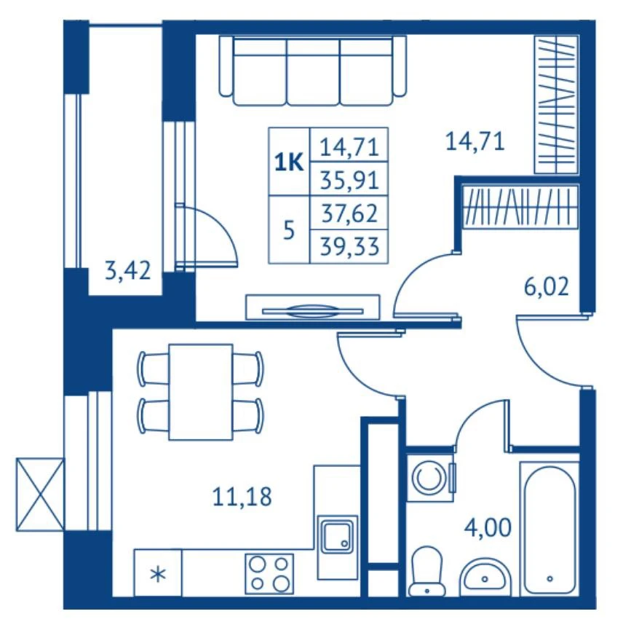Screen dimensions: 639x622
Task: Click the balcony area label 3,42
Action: [128, 271]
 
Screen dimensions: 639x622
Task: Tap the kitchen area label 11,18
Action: [242, 497]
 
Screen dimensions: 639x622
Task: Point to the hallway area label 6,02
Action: [546, 286]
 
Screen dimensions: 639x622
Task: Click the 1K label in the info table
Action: [289, 162]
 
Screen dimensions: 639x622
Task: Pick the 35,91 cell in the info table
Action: [349, 181]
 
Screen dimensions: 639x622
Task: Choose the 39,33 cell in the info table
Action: [349, 246]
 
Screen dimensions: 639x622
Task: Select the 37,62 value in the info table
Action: [349, 213]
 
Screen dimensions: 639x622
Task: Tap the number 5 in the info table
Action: [288, 231]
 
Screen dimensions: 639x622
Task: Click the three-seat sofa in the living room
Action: [313, 71]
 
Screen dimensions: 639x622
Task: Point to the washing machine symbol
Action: [430, 478]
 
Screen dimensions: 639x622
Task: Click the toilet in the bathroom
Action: [426, 570]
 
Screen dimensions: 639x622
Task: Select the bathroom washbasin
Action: [485, 577]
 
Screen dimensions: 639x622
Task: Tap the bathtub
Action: [549, 529]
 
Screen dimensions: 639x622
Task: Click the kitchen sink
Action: [338, 535]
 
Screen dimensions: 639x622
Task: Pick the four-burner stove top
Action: [269, 573]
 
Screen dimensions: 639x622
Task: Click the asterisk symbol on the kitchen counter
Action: [158, 575]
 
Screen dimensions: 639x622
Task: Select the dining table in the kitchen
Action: [201, 392]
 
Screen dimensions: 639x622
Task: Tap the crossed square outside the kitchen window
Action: [40, 495]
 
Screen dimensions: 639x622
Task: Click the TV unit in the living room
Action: [312, 307]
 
